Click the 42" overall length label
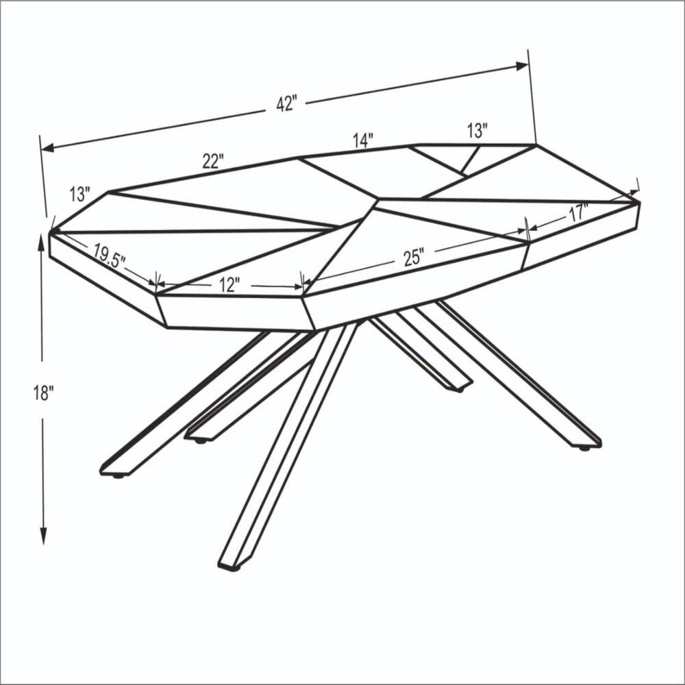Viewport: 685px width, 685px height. [x=286, y=104]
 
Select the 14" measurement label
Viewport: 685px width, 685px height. [x=363, y=140]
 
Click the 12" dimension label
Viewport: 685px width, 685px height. [x=229, y=284]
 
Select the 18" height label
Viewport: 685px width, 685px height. [x=42, y=393]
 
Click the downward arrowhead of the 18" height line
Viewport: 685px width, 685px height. [x=42, y=538]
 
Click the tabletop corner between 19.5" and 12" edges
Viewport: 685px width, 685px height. [x=157, y=294]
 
